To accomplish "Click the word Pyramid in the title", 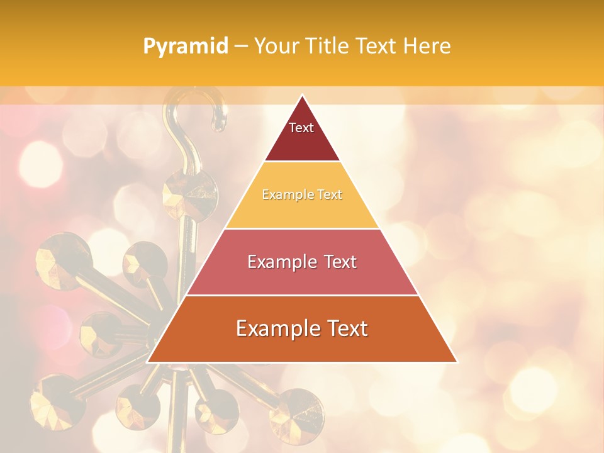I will click(185, 47).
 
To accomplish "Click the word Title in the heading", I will click(327, 46).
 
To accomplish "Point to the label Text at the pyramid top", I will click(301, 128).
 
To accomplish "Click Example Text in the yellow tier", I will click(302, 194).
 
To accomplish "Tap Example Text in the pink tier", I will click(302, 262).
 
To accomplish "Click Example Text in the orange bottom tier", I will click(302, 328).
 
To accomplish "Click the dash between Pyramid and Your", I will click(241, 47).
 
